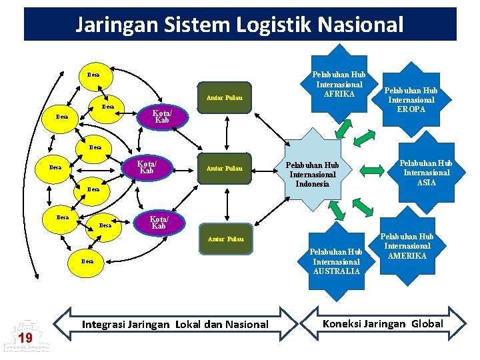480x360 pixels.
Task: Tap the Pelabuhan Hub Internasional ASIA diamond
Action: (x=425, y=172)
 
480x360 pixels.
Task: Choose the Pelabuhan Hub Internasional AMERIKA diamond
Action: (x=407, y=246)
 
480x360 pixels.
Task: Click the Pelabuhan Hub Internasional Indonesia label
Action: (x=312, y=174)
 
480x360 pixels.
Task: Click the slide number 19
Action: (x=25, y=338)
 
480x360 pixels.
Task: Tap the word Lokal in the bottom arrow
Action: (x=192, y=325)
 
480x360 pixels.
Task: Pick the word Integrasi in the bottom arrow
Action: (x=104, y=325)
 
